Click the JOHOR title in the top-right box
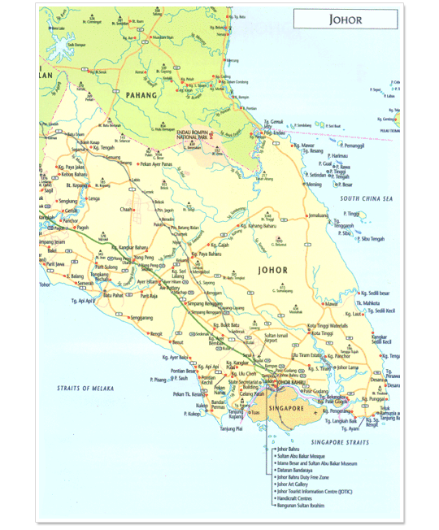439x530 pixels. pyautogui.click(x=345, y=19)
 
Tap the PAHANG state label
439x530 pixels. pyautogui.click(x=146, y=94)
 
